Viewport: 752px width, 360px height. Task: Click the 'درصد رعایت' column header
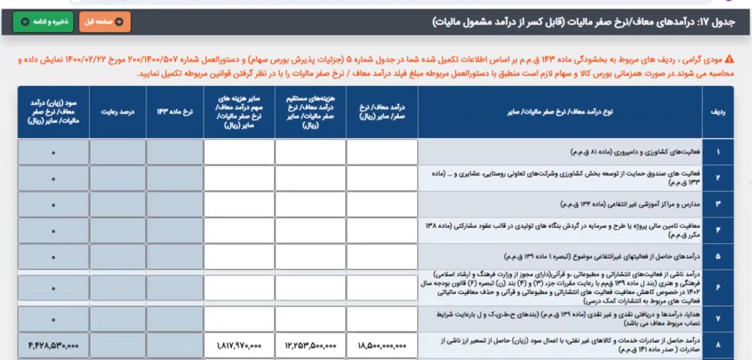tap(117, 112)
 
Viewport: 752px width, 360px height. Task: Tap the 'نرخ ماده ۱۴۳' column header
tap(174, 112)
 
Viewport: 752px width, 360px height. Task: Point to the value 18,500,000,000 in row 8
tap(382, 345)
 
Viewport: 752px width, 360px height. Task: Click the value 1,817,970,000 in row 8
tap(239, 345)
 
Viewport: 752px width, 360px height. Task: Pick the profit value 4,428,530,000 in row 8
tap(54, 345)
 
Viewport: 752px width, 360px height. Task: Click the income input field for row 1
tap(382, 152)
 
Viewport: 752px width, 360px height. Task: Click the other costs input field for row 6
tap(239, 288)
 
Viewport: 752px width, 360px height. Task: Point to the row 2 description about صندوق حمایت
tap(560, 178)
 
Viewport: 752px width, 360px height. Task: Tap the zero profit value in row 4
tap(54, 230)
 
